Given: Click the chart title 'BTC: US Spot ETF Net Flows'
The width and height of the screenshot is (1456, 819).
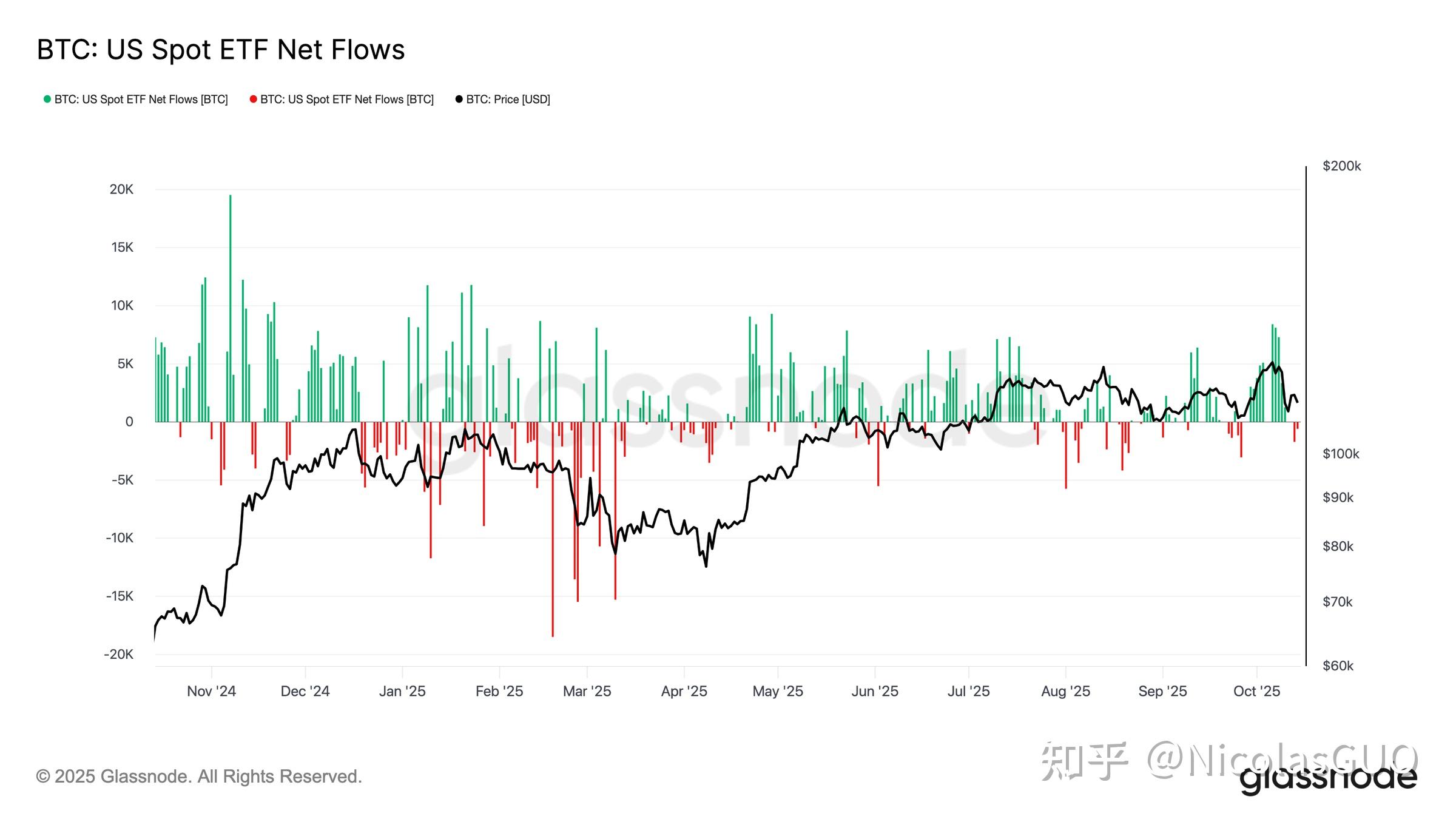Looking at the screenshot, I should coord(220,50).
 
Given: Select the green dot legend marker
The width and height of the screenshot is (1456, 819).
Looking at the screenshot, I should coord(47,99).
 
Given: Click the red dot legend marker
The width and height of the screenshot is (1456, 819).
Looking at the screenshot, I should coord(253,99).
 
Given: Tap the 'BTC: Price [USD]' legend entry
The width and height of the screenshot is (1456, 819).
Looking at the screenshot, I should coord(508,99).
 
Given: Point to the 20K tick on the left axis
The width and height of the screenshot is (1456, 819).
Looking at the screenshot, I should coord(121,189).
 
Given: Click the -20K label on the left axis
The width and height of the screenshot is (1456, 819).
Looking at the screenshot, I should coord(119,654).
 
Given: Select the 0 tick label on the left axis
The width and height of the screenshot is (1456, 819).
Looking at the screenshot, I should coord(129,422).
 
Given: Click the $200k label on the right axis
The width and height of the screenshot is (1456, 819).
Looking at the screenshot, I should coord(1341,166).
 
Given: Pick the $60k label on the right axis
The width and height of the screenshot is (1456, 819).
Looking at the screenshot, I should coord(1338,666).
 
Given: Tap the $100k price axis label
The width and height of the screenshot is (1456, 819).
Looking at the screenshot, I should coord(1341,454).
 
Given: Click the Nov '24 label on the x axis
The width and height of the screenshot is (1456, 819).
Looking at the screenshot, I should coord(211,691).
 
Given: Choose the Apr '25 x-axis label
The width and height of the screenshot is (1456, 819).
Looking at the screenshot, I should coord(684,691).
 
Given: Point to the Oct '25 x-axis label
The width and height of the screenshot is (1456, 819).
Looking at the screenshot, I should coord(1256,691).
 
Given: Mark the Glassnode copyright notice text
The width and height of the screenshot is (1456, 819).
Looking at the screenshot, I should coord(199,777).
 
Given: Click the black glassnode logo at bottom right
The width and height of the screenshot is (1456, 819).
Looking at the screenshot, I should coord(1329,780).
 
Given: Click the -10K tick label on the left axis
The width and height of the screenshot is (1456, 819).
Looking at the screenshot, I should coord(119,538).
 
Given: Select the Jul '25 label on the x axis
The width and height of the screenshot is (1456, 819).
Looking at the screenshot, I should coord(968,691).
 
